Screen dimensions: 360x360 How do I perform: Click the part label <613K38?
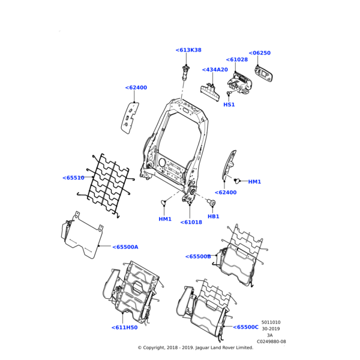(x=188, y=50)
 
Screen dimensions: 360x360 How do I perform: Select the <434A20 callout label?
(x=215, y=70)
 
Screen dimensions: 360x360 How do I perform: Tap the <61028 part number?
(x=236, y=59)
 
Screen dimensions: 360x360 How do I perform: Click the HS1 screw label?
(x=229, y=104)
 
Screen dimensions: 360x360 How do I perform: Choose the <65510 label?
(x=73, y=178)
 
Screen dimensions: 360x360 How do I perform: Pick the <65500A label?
(x=125, y=247)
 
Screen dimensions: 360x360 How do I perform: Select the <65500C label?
(x=246, y=327)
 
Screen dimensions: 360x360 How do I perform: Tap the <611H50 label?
(x=124, y=328)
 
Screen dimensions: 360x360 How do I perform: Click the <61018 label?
(x=191, y=222)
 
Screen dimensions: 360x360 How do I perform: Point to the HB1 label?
(x=214, y=216)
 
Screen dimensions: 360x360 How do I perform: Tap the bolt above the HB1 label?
(x=211, y=202)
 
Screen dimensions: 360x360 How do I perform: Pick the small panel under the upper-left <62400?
(x=130, y=117)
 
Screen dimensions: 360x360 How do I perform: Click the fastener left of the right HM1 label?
(x=237, y=180)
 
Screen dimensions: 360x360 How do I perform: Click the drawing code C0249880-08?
(x=271, y=341)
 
